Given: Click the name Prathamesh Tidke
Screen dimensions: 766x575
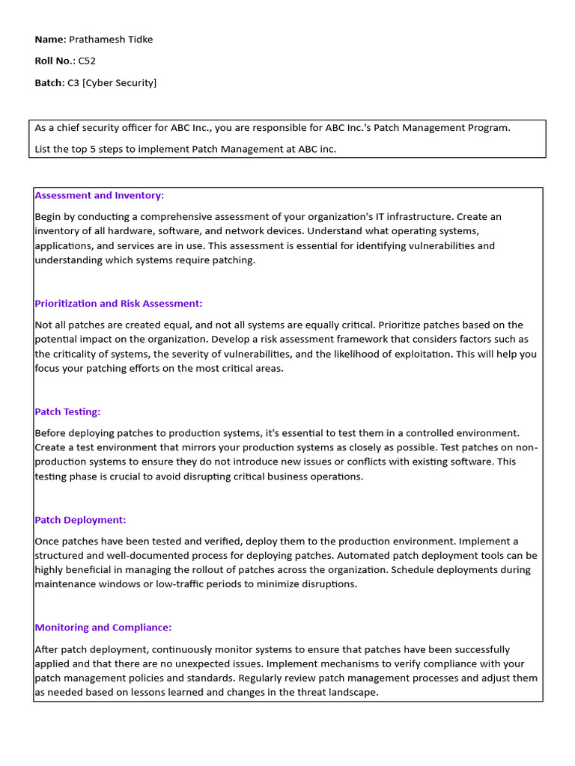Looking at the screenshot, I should click(111, 40).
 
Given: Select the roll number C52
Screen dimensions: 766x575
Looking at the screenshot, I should click(87, 61).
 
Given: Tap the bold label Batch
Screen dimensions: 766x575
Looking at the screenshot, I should click(49, 83).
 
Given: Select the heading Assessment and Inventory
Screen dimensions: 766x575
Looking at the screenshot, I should click(99, 195).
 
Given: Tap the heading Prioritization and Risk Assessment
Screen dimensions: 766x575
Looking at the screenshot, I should click(118, 304).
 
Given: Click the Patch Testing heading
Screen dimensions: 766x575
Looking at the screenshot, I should click(67, 411).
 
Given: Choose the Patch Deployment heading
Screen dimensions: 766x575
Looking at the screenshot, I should click(80, 520).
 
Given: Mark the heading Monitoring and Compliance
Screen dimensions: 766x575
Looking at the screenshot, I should click(103, 628).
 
